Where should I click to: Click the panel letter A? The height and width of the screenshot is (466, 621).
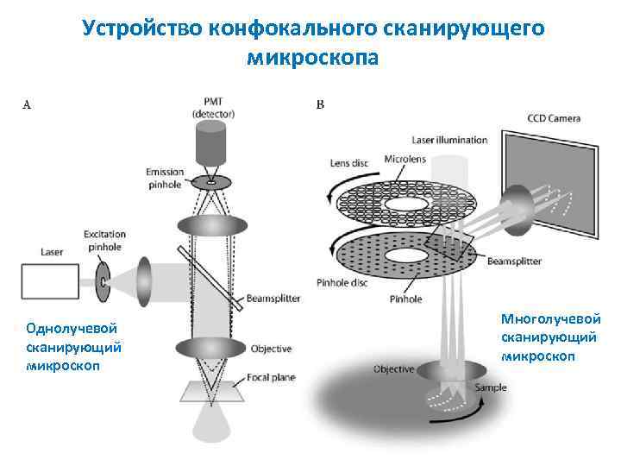pyautogui.click(x=27, y=105)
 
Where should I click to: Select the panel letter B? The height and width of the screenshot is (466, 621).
pyautogui.click(x=321, y=105)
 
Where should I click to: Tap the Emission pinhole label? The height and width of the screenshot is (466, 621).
pyautogui.click(x=166, y=178)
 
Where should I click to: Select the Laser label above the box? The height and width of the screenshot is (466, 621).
pyautogui.click(x=52, y=252)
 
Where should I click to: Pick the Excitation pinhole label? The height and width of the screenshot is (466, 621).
pyautogui.click(x=104, y=240)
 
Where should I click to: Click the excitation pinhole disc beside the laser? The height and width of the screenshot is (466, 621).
pyautogui.click(x=103, y=281)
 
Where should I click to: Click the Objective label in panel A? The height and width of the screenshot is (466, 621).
pyautogui.click(x=271, y=349)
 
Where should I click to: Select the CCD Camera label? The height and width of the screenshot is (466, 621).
pyautogui.click(x=554, y=118)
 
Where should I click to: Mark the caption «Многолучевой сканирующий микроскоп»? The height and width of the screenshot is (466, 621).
pyautogui.click(x=551, y=337)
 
